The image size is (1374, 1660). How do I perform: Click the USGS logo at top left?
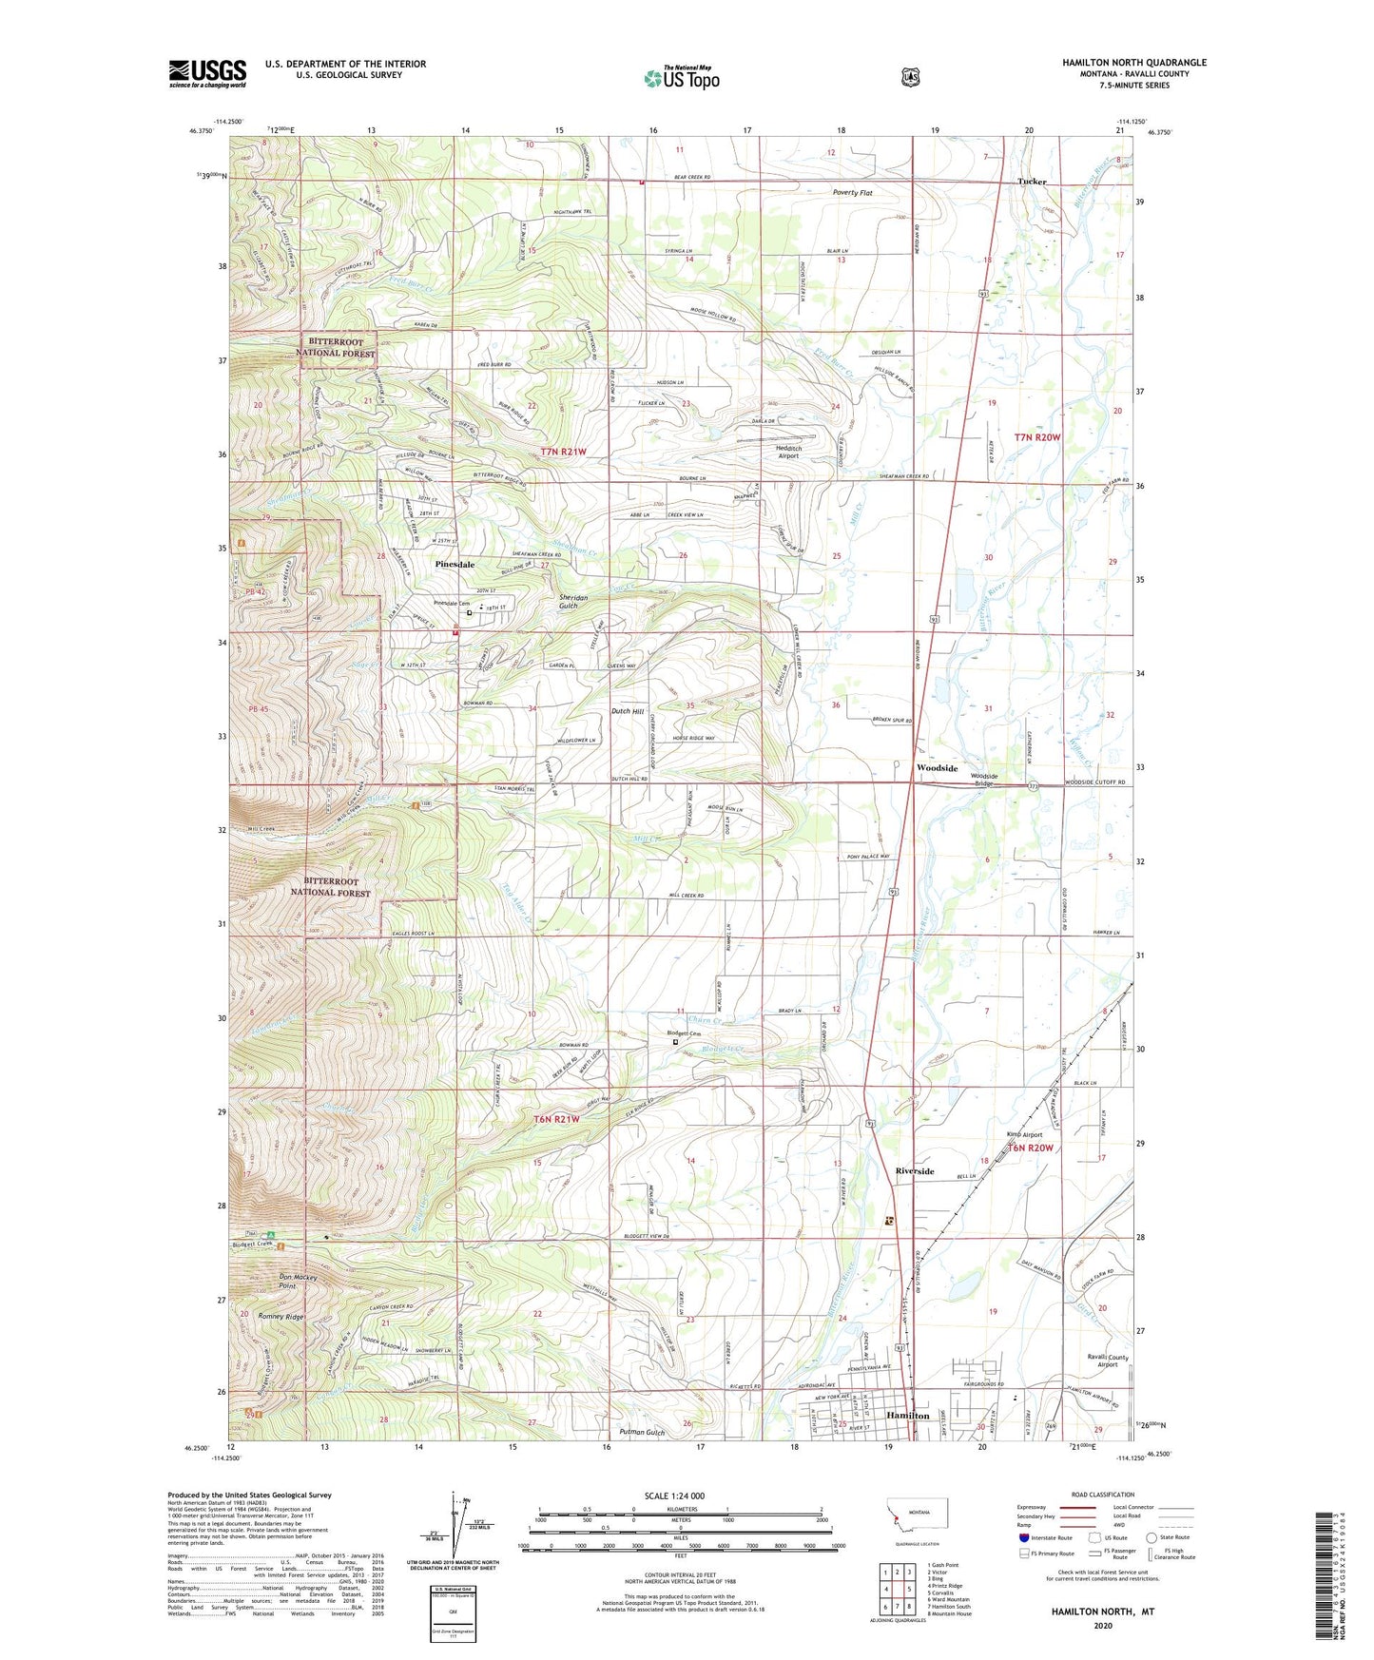pyautogui.click(x=207, y=73)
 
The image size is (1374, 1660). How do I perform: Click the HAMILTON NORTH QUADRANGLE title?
pyautogui.click(x=1133, y=63)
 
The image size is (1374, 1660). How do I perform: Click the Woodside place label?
pyautogui.click(x=936, y=767)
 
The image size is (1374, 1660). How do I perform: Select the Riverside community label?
pyautogui.click(x=914, y=1171)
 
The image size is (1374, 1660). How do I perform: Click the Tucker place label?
pyautogui.click(x=1032, y=182)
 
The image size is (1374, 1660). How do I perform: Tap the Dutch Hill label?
pyautogui.click(x=627, y=711)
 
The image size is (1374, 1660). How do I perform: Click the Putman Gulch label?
pyautogui.click(x=642, y=1432)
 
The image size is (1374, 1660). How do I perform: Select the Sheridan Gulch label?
pyautogui.click(x=573, y=602)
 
